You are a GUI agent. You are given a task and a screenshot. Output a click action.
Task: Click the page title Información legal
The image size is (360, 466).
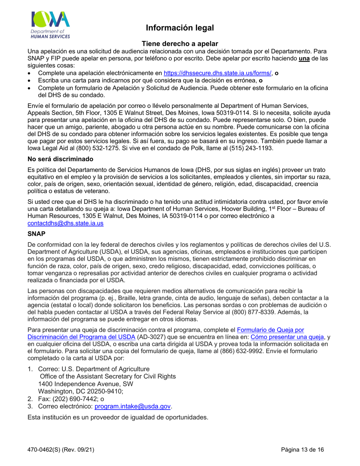(x=180, y=28)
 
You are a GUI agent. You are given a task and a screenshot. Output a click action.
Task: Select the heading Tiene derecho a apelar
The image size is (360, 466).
(x=180, y=44)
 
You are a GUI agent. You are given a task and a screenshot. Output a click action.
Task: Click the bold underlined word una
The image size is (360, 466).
(x=304, y=58)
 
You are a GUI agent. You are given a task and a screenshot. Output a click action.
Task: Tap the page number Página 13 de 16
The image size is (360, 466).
(x=303, y=450)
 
